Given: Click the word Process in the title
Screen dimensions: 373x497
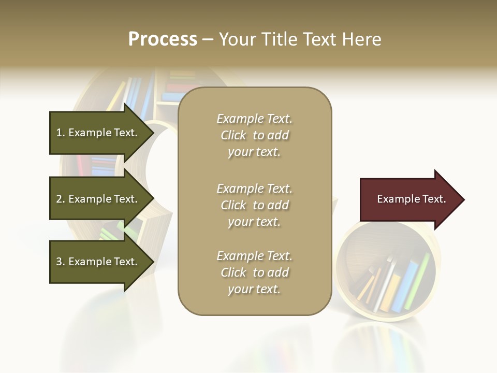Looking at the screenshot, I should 163,39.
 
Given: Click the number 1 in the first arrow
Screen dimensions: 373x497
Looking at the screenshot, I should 59,133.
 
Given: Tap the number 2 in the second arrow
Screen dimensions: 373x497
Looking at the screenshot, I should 59,199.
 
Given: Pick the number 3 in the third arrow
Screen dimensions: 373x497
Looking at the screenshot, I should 59,262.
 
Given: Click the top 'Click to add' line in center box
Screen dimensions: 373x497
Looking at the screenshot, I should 254,135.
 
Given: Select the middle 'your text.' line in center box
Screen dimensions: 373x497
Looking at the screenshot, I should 254,222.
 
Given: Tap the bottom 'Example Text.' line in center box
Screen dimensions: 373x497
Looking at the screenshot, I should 254,256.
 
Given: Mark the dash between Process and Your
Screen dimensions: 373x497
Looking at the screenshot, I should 208,40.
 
